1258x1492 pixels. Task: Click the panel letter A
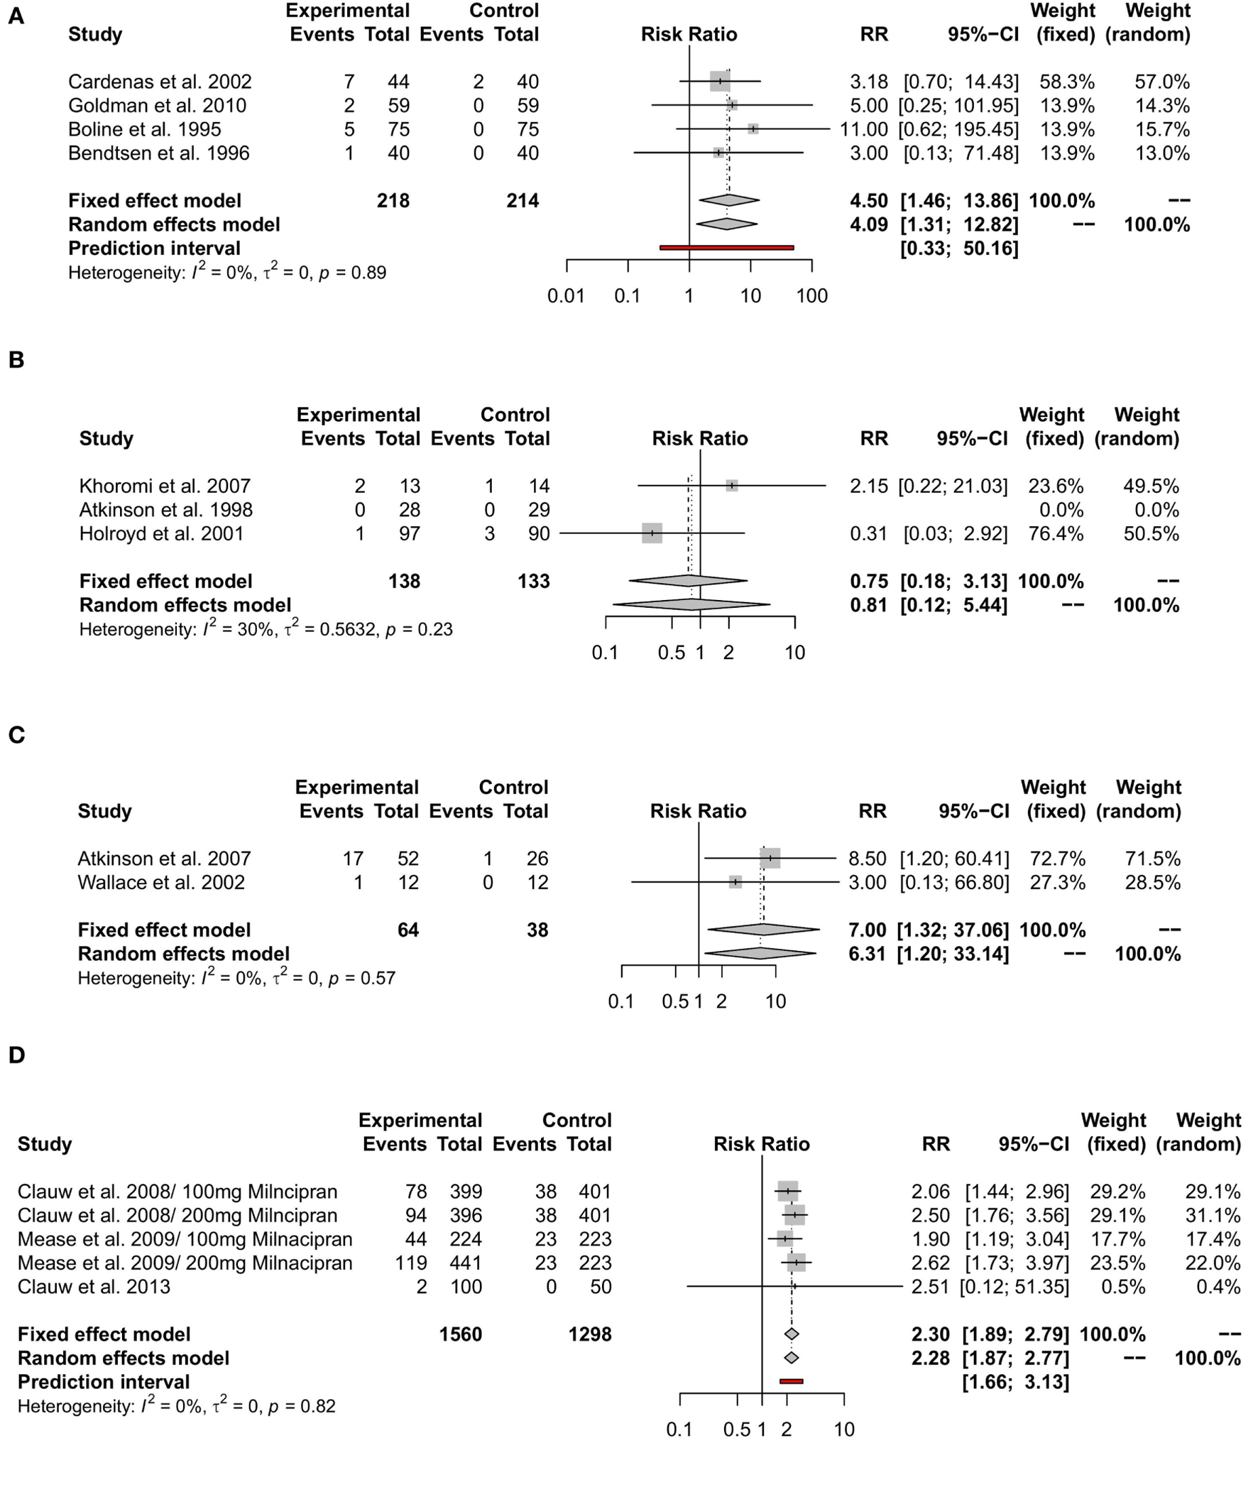[16, 16]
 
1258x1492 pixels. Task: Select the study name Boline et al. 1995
[144, 129]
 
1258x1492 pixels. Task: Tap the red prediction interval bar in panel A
[726, 247]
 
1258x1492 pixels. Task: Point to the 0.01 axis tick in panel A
[567, 295]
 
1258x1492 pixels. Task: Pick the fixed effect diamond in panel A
[729, 200]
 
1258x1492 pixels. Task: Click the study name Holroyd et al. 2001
[161, 533]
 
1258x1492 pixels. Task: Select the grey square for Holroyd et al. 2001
[652, 533]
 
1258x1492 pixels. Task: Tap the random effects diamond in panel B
[691, 605]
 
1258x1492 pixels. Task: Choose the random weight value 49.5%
[1150, 486]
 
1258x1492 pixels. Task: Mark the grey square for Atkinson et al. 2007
[770, 858]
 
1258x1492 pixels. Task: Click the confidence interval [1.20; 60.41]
[954, 858]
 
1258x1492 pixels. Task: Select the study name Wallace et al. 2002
[160, 882]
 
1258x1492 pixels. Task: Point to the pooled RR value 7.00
[867, 930]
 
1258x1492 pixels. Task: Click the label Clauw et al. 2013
[94, 1287]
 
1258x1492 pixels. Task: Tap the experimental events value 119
[411, 1263]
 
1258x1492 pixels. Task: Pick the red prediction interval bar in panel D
[791, 1381]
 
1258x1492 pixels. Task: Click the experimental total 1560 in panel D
[460, 1334]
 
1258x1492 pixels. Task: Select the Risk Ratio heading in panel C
[697, 811]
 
